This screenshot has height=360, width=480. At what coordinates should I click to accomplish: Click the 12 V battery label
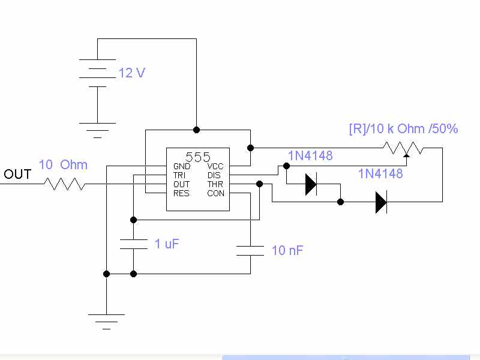(131, 73)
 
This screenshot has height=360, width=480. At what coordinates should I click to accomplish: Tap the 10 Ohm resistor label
(63, 164)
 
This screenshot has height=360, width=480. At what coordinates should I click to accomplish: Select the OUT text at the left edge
(17, 174)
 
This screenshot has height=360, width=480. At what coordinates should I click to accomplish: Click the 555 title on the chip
(198, 157)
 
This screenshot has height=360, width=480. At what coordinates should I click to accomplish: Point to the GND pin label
(182, 166)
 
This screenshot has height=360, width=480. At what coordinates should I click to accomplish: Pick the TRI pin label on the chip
(179, 175)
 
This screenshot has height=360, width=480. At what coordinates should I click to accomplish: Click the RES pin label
(181, 193)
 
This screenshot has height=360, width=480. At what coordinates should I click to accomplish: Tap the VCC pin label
(215, 166)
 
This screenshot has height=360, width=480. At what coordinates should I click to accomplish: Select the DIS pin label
(214, 175)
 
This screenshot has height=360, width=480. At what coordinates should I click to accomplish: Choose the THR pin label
(215, 184)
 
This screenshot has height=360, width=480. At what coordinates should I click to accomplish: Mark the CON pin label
(215, 193)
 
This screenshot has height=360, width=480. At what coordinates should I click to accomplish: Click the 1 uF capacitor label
(167, 244)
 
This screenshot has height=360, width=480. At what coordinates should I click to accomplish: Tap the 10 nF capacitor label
(287, 250)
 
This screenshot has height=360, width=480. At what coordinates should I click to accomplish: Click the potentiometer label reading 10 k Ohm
(403, 128)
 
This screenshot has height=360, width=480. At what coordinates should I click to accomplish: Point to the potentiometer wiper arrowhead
(407, 155)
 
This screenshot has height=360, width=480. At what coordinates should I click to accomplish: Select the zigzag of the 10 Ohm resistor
(65, 184)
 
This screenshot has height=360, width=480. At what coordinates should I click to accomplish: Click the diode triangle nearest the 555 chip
(311, 184)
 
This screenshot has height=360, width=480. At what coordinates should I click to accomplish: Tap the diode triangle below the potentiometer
(381, 202)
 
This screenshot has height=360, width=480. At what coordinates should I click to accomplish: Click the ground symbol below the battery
(97, 130)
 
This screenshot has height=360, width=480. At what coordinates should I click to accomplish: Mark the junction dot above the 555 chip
(197, 130)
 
